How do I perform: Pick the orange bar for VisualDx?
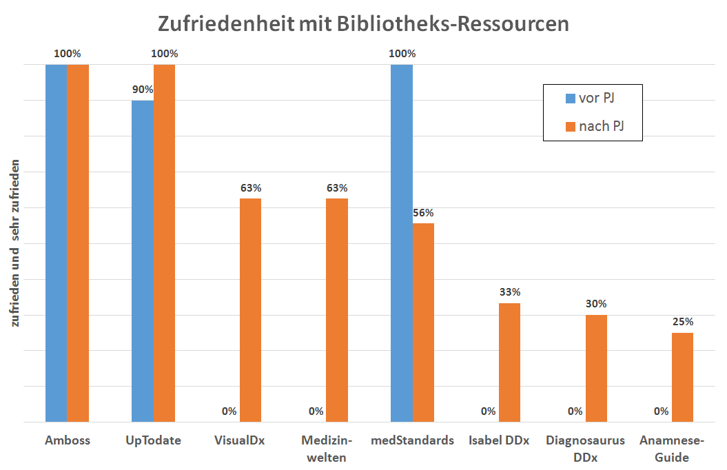click(250, 310)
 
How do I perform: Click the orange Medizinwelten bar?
click(336, 310)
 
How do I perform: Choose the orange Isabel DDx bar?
click(509, 362)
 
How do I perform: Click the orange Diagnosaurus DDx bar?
click(596, 368)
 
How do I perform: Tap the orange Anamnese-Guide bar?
click(682, 377)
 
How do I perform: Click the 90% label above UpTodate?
click(143, 89)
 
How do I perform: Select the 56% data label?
click(423, 212)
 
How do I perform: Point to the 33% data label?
click(509, 292)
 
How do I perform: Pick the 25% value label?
click(682, 321)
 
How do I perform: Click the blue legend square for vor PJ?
click(570, 99)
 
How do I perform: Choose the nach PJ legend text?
click(602, 126)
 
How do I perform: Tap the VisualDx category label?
click(239, 440)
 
